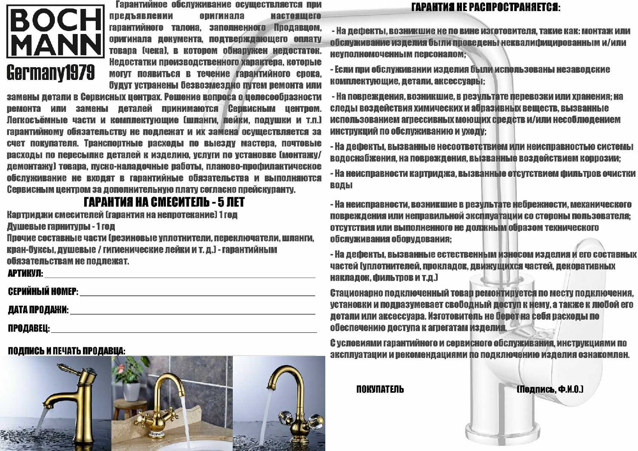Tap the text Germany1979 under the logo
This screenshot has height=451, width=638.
point(51,73)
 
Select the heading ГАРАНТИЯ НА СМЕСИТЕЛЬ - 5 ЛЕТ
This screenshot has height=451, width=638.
point(164,202)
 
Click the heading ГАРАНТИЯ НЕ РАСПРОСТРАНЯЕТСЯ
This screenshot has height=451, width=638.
point(486,8)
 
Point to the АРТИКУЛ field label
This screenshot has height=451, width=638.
point(25,273)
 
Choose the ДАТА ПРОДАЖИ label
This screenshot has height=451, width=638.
point(38,310)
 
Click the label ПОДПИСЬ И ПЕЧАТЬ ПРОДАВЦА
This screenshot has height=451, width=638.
point(66,351)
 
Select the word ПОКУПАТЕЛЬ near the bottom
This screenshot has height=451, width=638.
point(380,389)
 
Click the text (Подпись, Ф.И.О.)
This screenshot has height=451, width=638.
point(550,389)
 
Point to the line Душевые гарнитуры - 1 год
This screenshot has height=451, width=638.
point(61,226)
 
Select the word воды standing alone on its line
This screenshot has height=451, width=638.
point(341,185)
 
